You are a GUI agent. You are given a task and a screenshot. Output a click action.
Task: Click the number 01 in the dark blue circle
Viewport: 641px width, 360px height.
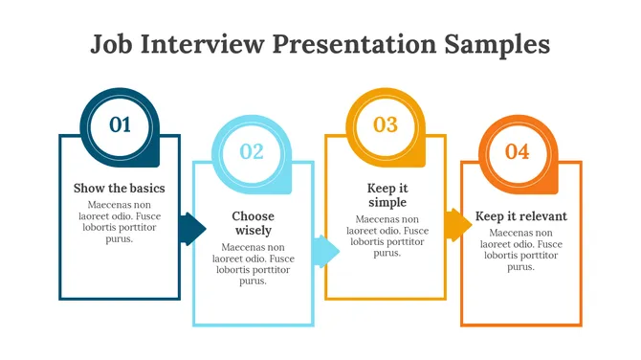(120, 124)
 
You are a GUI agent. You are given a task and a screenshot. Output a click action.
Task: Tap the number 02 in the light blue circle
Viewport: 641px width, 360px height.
(252, 151)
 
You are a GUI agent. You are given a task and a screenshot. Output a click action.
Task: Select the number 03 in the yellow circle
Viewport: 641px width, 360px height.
(385, 124)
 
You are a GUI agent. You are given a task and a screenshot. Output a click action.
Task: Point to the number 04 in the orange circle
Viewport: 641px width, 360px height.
(517, 151)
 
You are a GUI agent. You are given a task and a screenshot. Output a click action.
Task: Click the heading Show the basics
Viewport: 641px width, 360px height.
(120, 188)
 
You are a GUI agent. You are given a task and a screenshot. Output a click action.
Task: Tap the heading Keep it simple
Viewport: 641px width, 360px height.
(387, 195)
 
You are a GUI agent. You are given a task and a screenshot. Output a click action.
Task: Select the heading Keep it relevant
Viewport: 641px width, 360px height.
(520, 216)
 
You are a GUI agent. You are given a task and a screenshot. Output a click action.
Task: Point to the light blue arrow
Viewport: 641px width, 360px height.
(327, 251)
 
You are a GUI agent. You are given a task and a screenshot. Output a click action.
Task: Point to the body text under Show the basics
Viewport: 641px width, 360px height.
(120, 221)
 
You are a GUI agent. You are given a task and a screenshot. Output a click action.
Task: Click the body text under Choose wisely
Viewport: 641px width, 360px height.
(253, 263)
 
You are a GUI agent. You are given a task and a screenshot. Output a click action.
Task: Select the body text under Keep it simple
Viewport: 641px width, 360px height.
(387, 236)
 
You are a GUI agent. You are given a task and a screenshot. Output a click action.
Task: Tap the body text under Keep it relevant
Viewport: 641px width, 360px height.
(520, 250)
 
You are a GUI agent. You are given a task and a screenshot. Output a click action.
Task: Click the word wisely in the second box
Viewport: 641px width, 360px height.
(253, 231)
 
